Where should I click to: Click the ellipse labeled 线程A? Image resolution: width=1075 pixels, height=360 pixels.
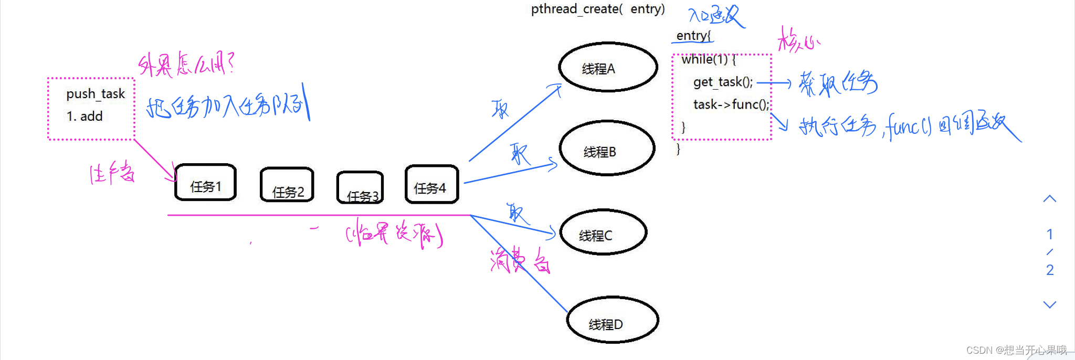[608, 67]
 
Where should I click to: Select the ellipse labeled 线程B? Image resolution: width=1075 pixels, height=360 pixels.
[607, 149]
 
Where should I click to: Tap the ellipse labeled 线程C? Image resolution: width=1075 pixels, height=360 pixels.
[603, 232]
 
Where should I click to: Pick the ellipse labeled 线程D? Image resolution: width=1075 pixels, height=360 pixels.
[612, 320]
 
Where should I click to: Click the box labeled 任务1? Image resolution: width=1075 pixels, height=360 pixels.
[205, 183]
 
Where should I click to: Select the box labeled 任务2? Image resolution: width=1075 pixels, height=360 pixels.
[287, 185]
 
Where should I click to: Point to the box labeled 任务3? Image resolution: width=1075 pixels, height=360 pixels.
[360, 188]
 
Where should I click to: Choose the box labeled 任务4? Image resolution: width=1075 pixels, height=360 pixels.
[431, 184]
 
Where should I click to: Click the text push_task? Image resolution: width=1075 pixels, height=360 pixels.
[96, 94]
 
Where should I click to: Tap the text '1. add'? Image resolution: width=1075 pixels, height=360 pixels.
[85, 117]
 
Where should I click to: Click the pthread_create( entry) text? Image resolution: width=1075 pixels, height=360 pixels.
[597, 9]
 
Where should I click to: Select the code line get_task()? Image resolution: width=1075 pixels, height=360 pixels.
[723, 82]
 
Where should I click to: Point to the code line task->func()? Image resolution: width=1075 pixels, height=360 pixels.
[731, 104]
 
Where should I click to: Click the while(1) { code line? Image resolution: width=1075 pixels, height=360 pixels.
[708, 60]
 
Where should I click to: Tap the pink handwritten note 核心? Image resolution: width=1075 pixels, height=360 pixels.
[797, 40]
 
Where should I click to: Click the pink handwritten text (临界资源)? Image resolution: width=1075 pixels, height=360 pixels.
[394, 234]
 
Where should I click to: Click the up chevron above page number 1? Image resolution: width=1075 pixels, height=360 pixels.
[1049, 199]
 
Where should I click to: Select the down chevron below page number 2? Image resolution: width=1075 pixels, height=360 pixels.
[1049, 304]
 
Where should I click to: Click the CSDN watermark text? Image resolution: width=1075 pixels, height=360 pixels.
[1016, 350]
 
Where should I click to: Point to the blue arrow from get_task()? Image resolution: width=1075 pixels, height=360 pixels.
[774, 83]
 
